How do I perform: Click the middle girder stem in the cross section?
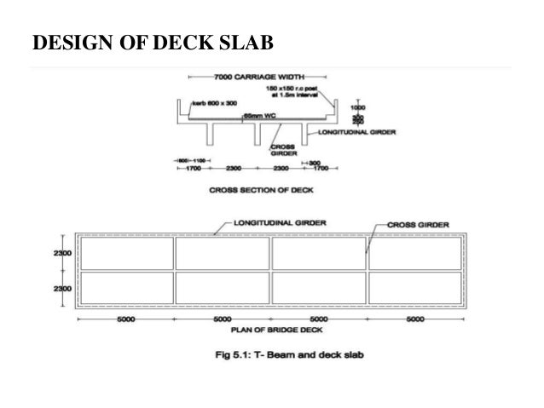tap(257, 134)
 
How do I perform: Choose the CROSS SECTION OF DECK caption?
tap(256, 192)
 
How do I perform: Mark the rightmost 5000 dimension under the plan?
tap(416, 319)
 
